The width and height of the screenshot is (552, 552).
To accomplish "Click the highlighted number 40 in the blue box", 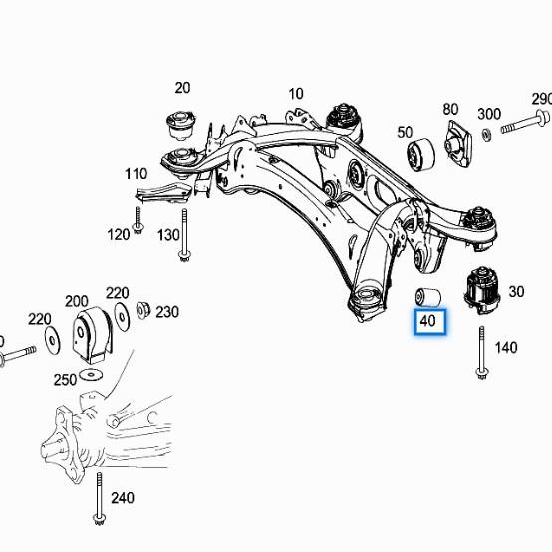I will [x=428, y=321].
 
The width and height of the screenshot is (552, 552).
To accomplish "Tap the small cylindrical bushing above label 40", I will [x=427, y=296].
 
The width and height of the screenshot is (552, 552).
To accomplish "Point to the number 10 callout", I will [x=296, y=95].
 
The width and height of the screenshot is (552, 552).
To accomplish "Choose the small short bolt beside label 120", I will [x=138, y=221].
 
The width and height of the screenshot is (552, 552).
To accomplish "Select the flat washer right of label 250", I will [x=93, y=372].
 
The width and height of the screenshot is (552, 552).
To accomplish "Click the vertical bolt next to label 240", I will [x=99, y=497].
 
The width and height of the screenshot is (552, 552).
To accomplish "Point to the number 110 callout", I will [x=136, y=174].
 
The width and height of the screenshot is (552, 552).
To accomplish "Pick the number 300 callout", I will [x=489, y=113].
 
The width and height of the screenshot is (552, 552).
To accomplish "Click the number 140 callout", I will [x=506, y=348].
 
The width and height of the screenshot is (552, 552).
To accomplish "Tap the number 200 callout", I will [x=76, y=300].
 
